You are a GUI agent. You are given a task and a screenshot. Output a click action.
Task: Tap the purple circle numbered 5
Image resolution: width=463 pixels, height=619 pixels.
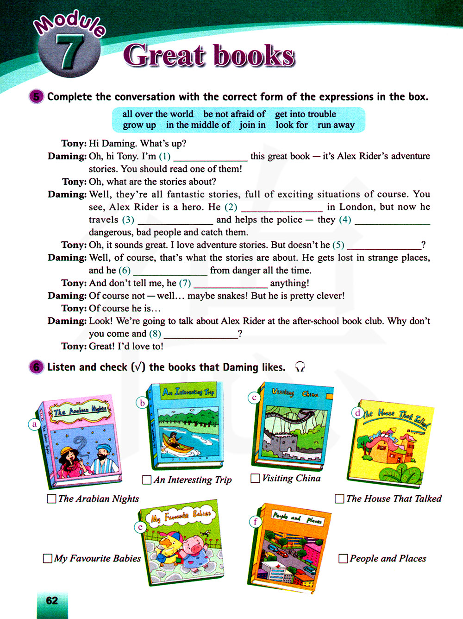[x=36, y=96]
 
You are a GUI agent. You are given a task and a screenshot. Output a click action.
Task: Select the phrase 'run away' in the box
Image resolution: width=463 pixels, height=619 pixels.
[x=336, y=125]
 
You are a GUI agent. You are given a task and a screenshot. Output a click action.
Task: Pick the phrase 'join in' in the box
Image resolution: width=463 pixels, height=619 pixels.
[x=252, y=125]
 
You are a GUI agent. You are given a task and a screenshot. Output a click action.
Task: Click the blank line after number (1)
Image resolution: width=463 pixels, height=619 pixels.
[x=210, y=157]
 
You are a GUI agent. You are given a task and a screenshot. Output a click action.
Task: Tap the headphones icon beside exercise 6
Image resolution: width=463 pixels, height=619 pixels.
[x=300, y=367]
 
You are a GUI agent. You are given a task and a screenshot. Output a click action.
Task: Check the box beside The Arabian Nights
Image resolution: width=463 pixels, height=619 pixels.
[x=52, y=499]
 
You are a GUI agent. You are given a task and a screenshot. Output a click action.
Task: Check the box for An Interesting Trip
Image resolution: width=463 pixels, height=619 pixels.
[x=147, y=480]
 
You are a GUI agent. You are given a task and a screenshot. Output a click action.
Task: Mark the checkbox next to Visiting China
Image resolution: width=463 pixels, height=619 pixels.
[x=255, y=478]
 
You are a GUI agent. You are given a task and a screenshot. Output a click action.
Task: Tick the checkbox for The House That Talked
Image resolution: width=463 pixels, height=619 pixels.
[x=339, y=499]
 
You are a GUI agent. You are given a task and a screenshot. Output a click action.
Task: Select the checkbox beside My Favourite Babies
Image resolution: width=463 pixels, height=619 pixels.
[x=47, y=558]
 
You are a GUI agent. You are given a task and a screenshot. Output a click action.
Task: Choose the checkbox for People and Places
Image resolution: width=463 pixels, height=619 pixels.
[x=343, y=558]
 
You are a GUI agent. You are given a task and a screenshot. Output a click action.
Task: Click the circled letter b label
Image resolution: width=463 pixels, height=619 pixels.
[x=143, y=403]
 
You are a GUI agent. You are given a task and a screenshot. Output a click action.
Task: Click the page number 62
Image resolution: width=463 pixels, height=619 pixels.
[x=52, y=601]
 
